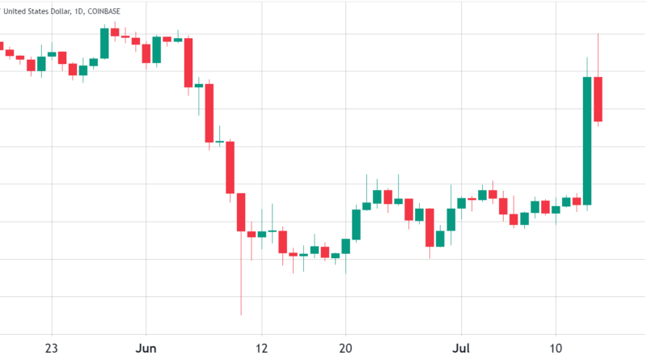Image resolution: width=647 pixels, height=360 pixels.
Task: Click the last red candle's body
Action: (598, 99)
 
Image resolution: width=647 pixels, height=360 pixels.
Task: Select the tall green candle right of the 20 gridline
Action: (356, 225)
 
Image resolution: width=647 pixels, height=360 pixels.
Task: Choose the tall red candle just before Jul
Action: (429, 227)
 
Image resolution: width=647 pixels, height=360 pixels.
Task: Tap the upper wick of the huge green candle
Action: (587, 66)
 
